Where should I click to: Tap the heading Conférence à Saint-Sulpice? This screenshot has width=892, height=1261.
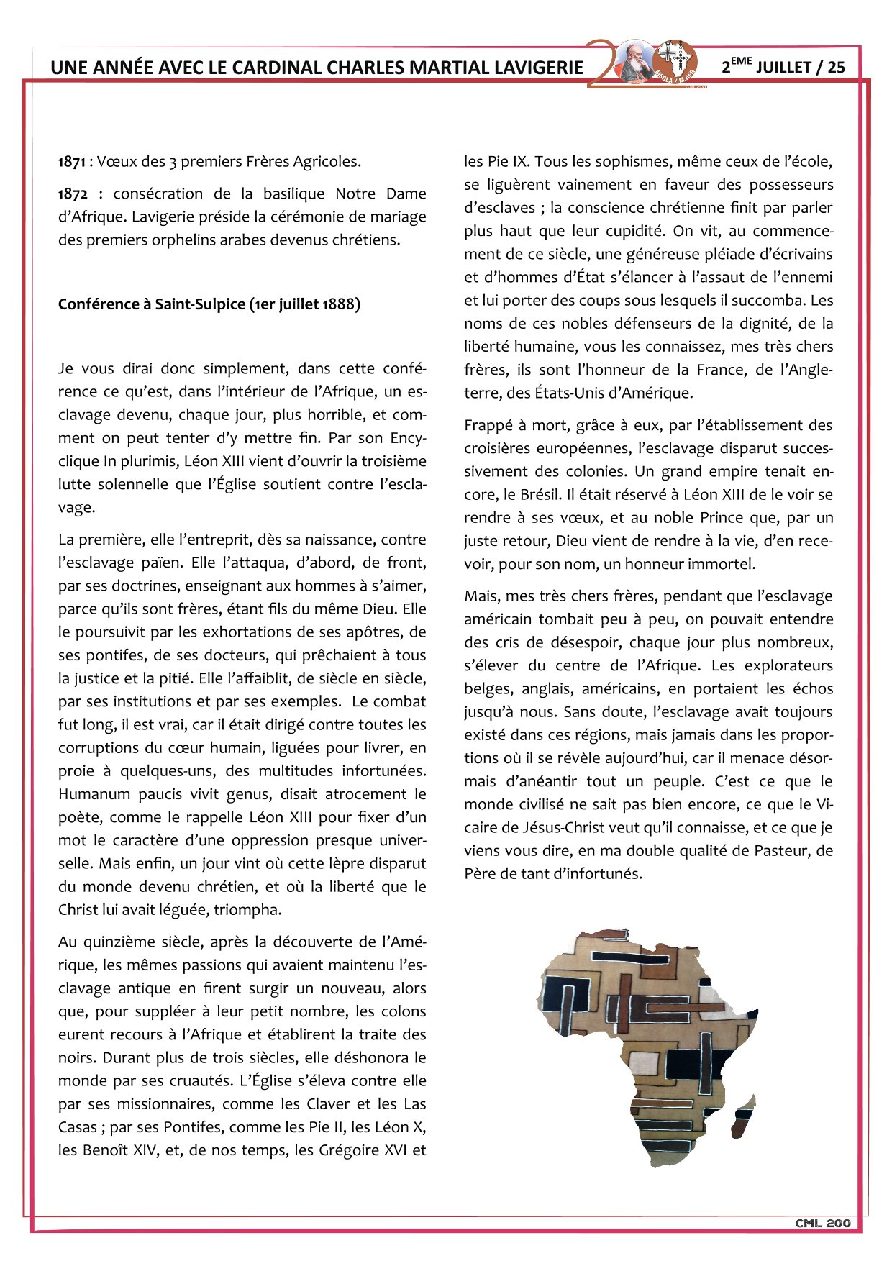point(209,304)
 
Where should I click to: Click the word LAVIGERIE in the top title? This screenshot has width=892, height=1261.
point(539,68)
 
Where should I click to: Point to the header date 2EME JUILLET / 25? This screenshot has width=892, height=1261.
point(783,67)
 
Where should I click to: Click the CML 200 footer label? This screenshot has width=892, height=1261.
point(822,1223)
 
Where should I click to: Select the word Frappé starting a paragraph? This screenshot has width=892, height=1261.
point(488,426)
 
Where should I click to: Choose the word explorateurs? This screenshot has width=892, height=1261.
point(788,666)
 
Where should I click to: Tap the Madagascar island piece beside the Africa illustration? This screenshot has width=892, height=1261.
point(744,1115)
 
